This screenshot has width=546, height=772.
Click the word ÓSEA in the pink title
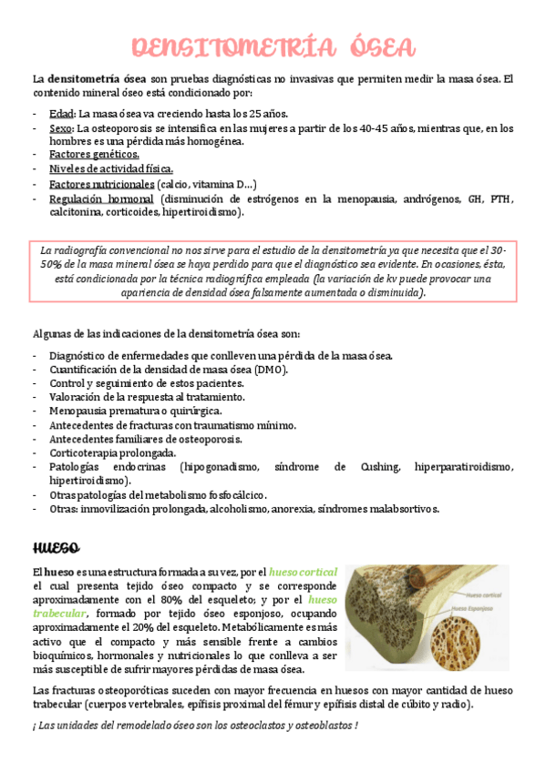click(x=374, y=47)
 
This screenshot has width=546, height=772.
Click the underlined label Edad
click(x=62, y=114)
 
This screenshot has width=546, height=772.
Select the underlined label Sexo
click(x=62, y=128)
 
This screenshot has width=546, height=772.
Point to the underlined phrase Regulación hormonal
click(x=101, y=198)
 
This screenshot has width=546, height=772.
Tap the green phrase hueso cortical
click(x=304, y=571)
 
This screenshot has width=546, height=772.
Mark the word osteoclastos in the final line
click(x=231, y=725)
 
